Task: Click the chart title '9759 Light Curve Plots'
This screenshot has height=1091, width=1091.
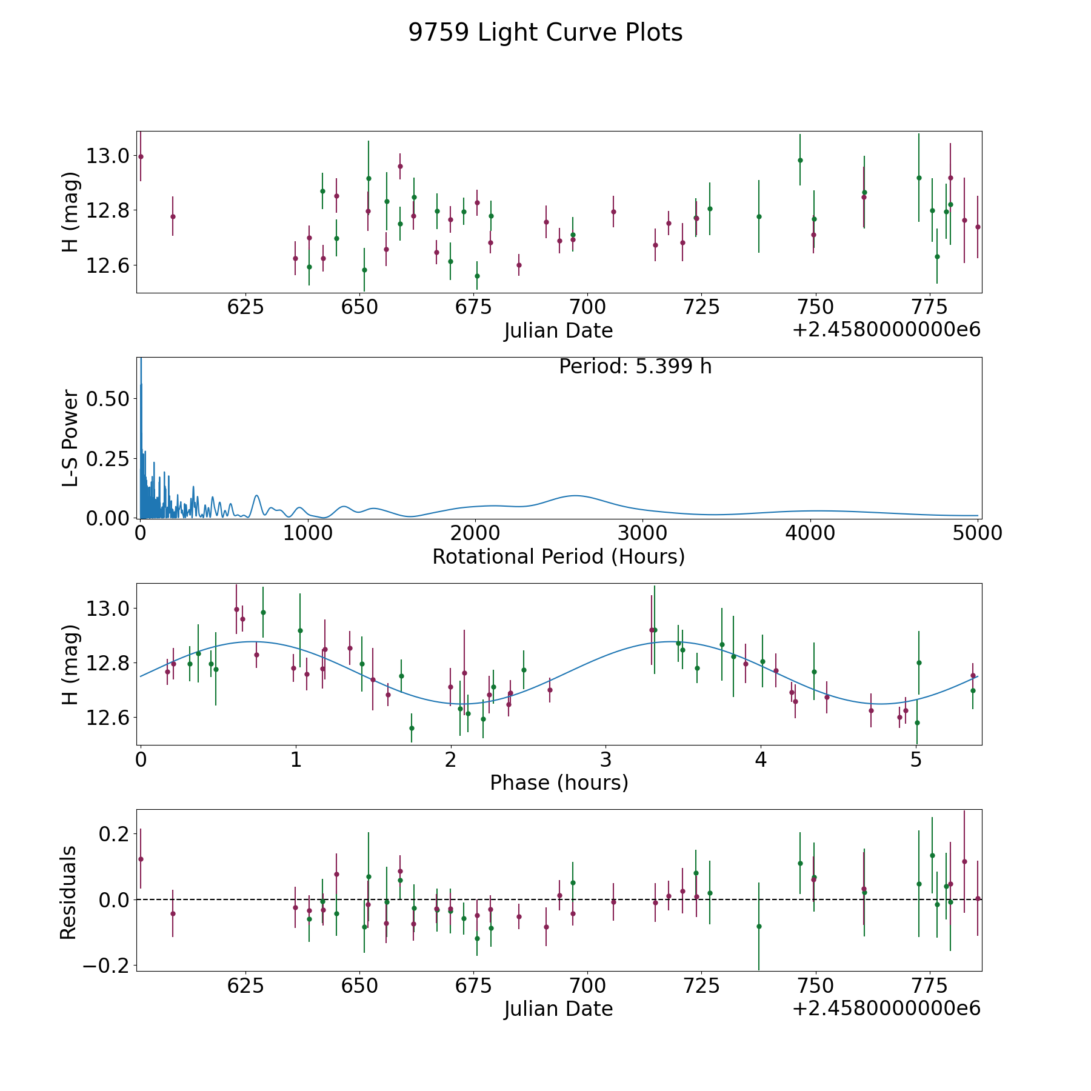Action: [x=545, y=33]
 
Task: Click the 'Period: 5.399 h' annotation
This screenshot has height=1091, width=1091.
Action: [x=635, y=367]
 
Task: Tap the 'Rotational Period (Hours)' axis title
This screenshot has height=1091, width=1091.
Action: [x=558, y=556]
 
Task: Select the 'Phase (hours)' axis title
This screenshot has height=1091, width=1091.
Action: [x=559, y=782]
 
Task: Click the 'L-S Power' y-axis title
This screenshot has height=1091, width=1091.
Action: [x=70, y=438]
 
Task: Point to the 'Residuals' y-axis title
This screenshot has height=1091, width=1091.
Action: [x=68, y=893]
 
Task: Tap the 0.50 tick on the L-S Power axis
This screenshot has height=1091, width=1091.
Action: [x=108, y=399]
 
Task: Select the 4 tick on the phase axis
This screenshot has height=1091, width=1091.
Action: [x=761, y=759]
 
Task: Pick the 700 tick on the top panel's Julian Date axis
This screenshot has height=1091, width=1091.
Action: [x=588, y=307]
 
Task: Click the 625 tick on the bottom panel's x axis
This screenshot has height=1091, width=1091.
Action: [x=245, y=986]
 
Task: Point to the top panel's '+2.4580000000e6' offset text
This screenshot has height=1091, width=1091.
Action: [x=886, y=330]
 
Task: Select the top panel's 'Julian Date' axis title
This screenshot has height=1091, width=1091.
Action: [x=558, y=331]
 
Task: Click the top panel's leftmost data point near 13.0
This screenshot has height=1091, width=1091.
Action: [x=141, y=156]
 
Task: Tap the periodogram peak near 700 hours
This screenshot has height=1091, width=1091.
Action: [x=257, y=496]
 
